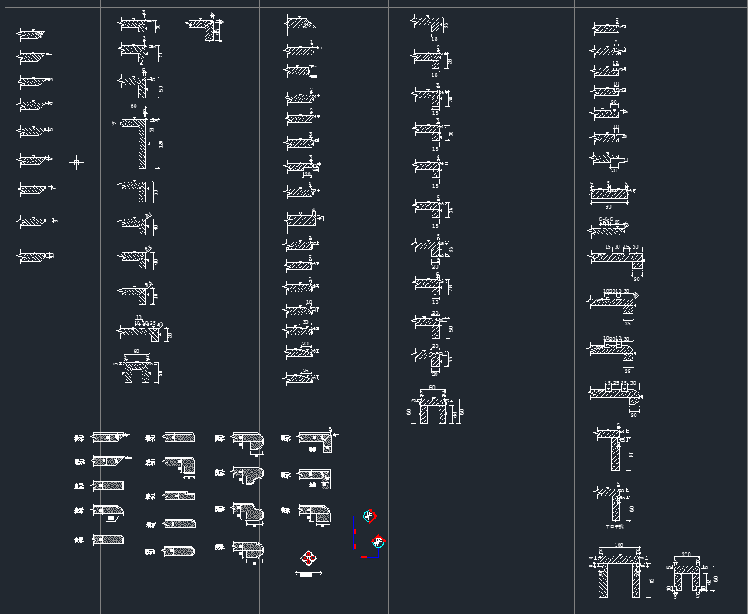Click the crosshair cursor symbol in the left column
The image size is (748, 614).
(75, 162)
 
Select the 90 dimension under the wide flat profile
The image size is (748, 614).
(608, 206)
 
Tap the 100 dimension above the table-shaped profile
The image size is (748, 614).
(619, 546)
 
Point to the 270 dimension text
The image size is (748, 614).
(686, 555)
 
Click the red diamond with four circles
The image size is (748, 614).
(309, 558)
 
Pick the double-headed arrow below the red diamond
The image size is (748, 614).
(308, 573)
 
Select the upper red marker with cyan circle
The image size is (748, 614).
(369, 515)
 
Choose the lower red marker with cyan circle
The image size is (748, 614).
(377, 542)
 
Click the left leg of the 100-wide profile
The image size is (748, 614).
(603, 581)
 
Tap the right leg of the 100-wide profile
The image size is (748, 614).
(636, 581)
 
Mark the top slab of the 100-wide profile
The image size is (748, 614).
(619, 559)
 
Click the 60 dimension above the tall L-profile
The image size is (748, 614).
(133, 106)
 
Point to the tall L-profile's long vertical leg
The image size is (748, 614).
(142, 147)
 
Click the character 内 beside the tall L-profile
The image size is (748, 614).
(152, 129)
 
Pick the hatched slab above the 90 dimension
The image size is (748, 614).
(609, 195)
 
